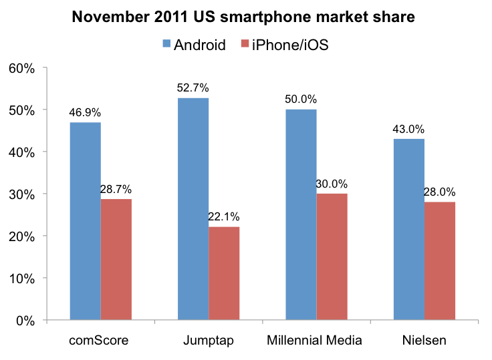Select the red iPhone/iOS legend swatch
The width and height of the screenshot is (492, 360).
coord(245,45)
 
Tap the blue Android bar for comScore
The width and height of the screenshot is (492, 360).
coord(85,221)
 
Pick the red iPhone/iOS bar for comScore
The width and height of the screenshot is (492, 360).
coord(116,259)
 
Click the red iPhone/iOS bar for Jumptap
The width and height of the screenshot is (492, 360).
coord(224,273)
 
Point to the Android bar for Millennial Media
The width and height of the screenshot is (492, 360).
coord(301,214)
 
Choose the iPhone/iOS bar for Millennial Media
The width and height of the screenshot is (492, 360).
coord(332,256)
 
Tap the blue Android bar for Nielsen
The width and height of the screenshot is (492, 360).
coord(408,229)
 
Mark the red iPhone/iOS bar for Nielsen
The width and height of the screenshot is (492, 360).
coord(439,260)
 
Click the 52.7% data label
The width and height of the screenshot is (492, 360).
coord(193,87)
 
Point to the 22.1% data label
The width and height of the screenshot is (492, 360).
coord(224,216)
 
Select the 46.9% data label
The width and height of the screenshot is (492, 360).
coord(85,112)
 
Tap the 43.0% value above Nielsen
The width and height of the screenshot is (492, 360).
coord(408,128)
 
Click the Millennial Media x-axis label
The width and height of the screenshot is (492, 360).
coord(315,341)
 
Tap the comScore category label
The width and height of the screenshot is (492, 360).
coord(100,341)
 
